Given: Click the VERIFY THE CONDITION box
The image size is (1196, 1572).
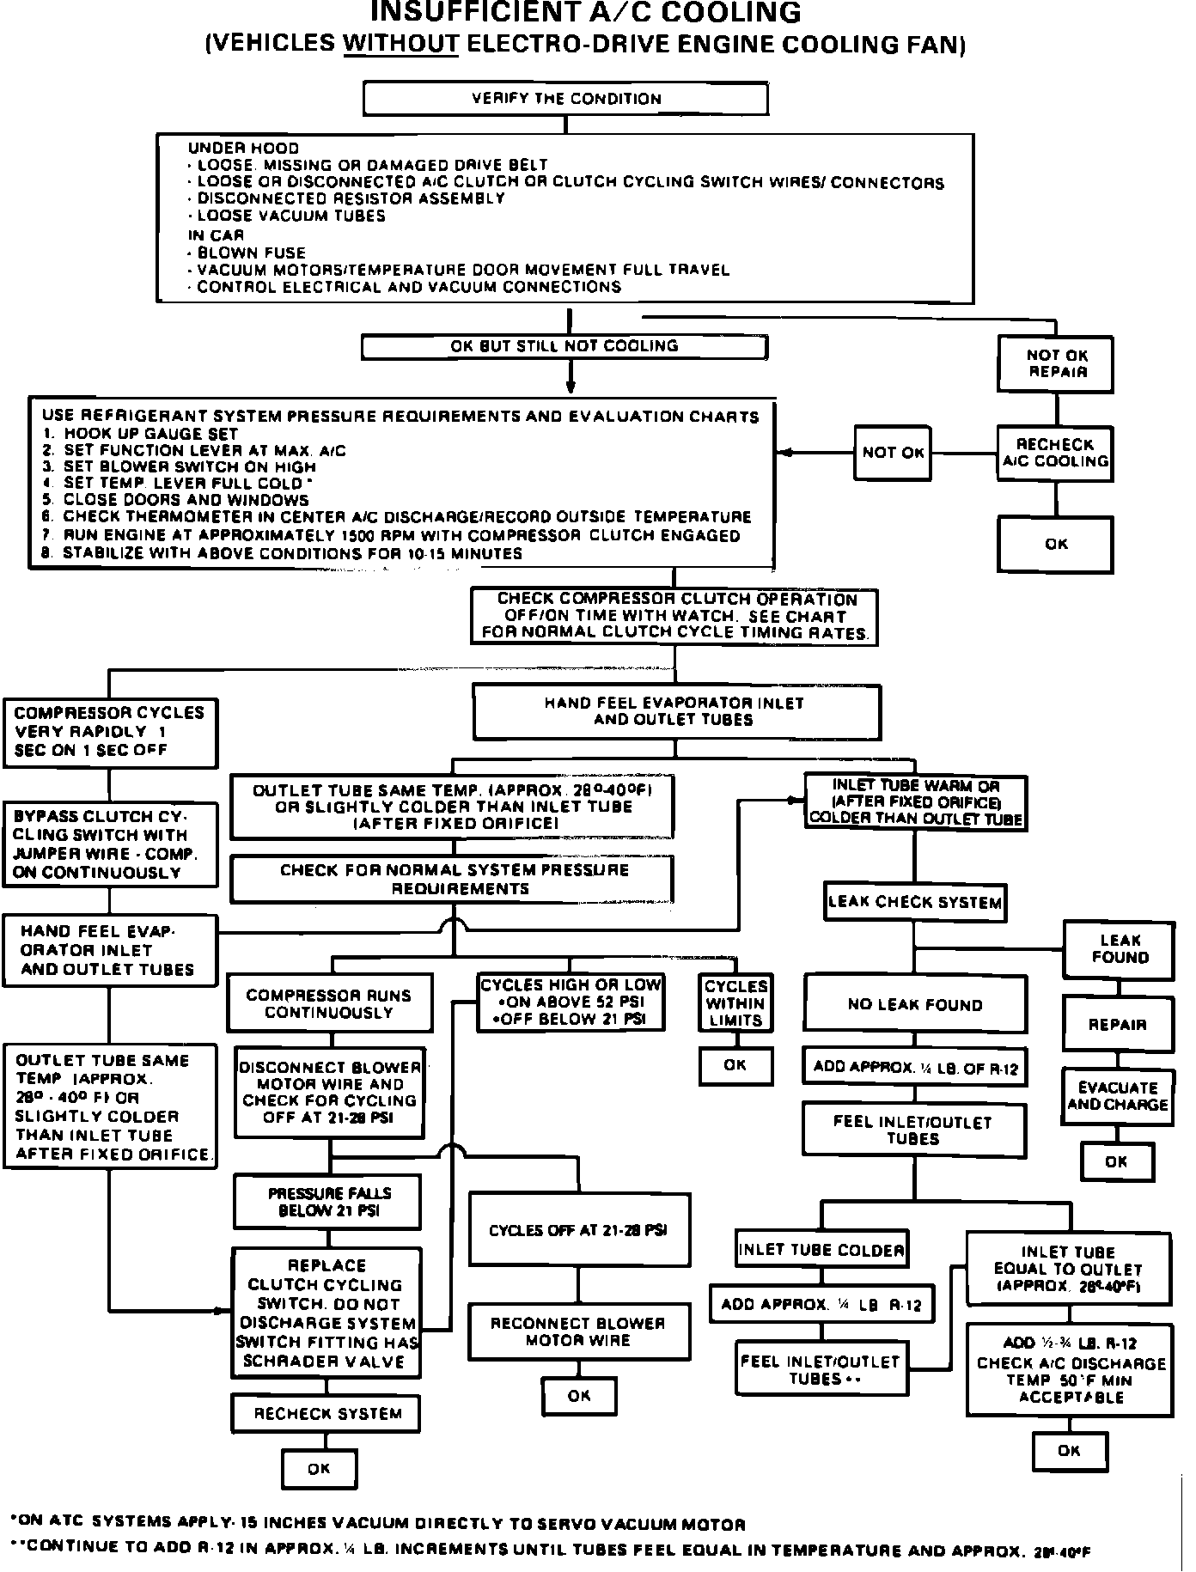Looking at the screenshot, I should pos(565,99).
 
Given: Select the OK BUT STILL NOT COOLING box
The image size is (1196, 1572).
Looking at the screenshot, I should pos(564,347).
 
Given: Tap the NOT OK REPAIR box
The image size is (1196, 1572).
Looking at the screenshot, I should pos(1056,364).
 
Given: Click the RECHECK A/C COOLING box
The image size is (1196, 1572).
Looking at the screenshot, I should pos(1055,454).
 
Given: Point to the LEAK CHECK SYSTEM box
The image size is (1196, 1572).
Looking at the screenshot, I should pos(914,903).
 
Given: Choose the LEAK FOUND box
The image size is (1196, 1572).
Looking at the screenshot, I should pos(1119,949).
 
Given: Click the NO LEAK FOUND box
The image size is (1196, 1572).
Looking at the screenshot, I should pos(914,1004).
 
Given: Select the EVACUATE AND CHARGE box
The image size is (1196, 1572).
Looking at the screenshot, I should pos(1117,1097).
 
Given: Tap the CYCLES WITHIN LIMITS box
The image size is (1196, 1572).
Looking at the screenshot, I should pos(735,1003).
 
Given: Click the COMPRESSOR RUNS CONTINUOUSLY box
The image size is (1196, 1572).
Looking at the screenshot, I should pos(329,1004).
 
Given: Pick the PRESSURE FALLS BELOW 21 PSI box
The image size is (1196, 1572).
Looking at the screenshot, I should pos(328,1203).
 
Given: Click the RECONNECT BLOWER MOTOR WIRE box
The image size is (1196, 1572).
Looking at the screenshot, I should pos(578,1332).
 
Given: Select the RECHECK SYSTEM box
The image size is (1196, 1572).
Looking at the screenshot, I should pos(327,1414).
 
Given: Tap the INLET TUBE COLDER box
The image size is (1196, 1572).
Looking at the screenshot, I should pos(821,1250).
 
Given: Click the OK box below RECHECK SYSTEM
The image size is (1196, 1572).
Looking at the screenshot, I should pos(319,1470).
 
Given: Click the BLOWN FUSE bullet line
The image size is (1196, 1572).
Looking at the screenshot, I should pos(251,253).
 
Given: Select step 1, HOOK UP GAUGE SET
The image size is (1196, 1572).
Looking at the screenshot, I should pos(149,434).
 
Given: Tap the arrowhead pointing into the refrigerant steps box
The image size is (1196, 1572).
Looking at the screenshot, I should pos(783,453).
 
